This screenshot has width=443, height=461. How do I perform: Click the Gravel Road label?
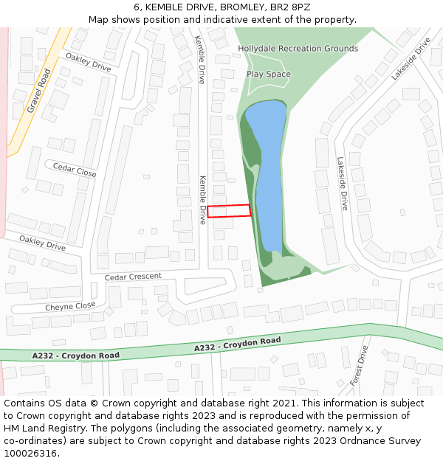[39, 91]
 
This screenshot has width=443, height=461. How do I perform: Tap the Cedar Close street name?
[75, 170]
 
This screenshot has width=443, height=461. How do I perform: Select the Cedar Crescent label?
[133, 277]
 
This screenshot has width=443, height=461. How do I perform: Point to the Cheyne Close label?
[70, 306]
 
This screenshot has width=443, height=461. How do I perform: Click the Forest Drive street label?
[359, 366]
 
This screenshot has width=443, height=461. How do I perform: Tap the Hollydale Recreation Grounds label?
[298, 49]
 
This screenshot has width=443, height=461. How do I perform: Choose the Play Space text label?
[269, 74]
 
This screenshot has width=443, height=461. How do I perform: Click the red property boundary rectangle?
[228, 211]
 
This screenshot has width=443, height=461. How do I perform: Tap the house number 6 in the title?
[137, 7]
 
